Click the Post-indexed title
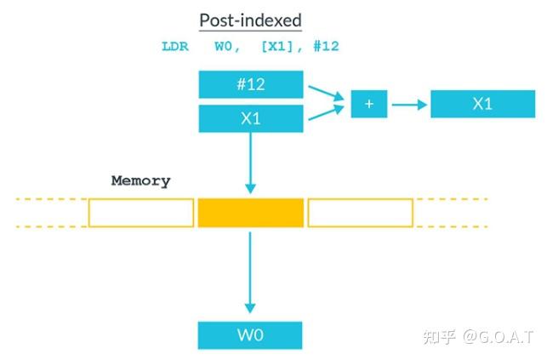coord(250,20)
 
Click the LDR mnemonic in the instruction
coord(175,47)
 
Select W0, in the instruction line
coord(231,47)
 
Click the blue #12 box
coord(251,84)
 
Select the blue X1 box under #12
coord(251,118)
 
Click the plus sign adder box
coord(369,104)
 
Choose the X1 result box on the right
coord(482,104)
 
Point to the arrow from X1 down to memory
coord(251,162)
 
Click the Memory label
coord(140,181)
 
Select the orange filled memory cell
coord(251,213)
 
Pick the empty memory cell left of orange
coord(141,213)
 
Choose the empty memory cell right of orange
coord(360,213)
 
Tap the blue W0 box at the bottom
coord(251,334)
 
